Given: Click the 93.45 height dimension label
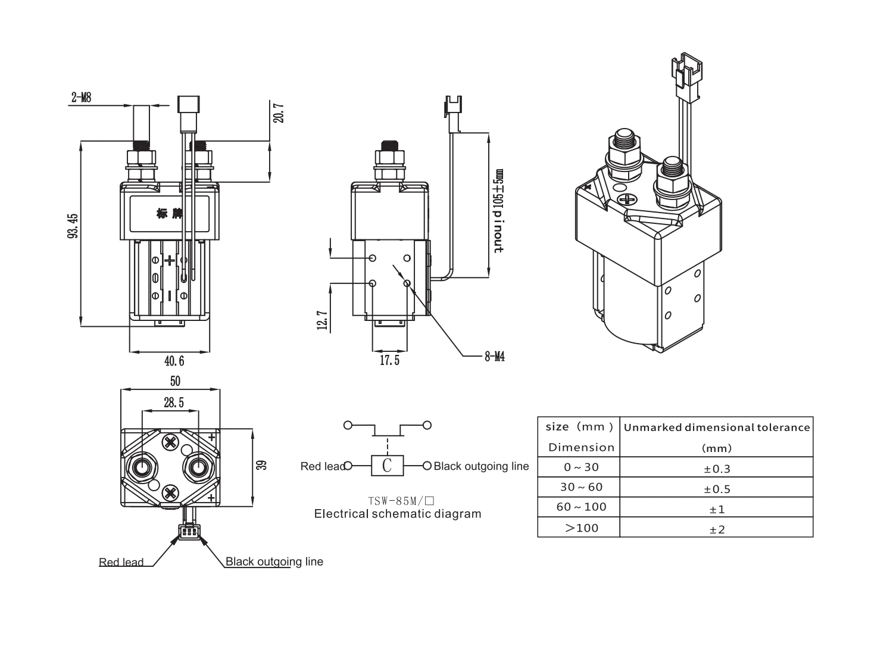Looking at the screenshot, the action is tap(73, 226).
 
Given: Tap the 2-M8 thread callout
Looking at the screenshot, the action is tap(82, 97).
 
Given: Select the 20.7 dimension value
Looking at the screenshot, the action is tap(279, 113).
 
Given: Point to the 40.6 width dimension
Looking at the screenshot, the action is tap(174, 361).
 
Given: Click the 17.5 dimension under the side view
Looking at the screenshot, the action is tap(389, 360).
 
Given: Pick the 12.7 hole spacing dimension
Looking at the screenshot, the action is tap(323, 320).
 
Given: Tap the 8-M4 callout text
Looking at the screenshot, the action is tap(495, 357).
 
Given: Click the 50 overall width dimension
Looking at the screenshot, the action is tap(176, 381).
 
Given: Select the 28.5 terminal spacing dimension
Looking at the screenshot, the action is tap(174, 403).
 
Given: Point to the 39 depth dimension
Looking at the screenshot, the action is tap(261, 465).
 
